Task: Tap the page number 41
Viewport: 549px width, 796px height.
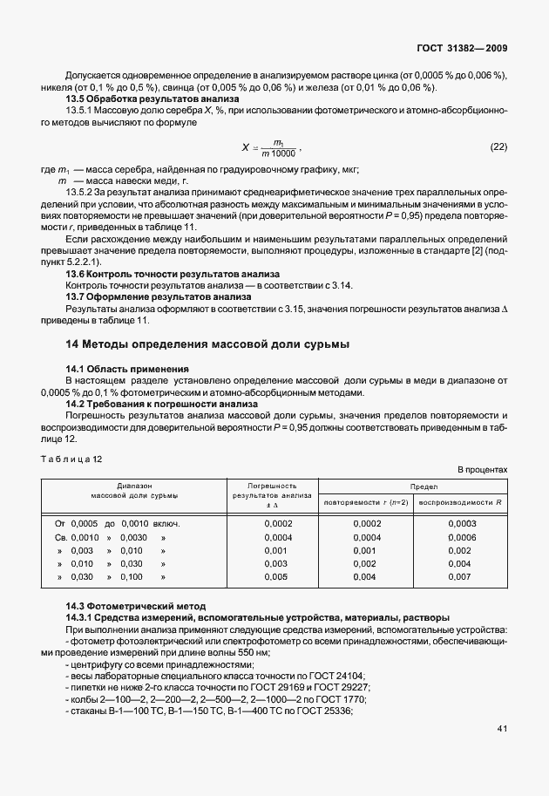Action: [x=501, y=728]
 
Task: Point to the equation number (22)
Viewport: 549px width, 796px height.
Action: [x=498, y=146]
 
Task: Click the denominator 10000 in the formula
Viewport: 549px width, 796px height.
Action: [x=282, y=153]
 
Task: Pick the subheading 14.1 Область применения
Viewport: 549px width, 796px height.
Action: [x=127, y=370]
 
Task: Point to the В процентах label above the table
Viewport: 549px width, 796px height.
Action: [x=482, y=470]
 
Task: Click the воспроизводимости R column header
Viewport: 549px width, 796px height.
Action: [x=460, y=503]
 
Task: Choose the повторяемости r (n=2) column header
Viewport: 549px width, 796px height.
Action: [x=365, y=503]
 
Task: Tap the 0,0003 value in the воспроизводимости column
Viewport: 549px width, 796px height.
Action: [x=462, y=523]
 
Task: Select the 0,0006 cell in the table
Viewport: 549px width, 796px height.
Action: [x=462, y=537]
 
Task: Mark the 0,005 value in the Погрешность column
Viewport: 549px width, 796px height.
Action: [x=274, y=577]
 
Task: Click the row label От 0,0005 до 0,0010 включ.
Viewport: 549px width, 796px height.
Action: [x=118, y=523]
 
